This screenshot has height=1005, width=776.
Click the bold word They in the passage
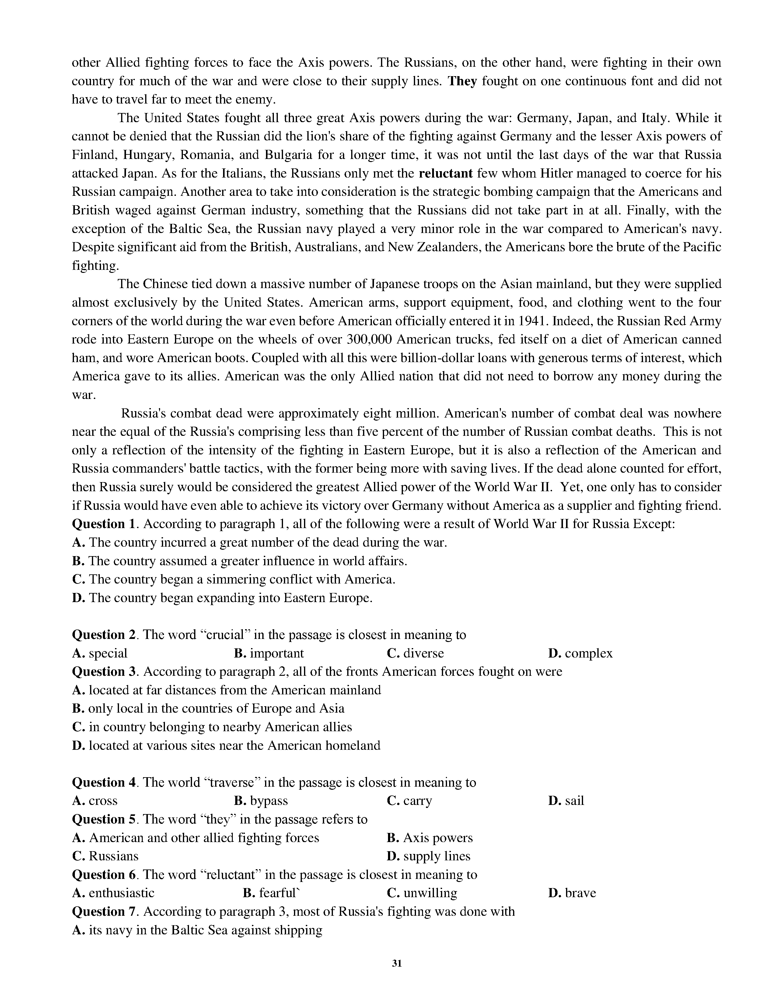pos(463,81)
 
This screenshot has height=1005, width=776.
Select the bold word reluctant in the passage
pos(446,174)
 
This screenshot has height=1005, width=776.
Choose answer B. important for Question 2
pos(269,654)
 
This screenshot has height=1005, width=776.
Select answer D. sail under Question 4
pos(566,801)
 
